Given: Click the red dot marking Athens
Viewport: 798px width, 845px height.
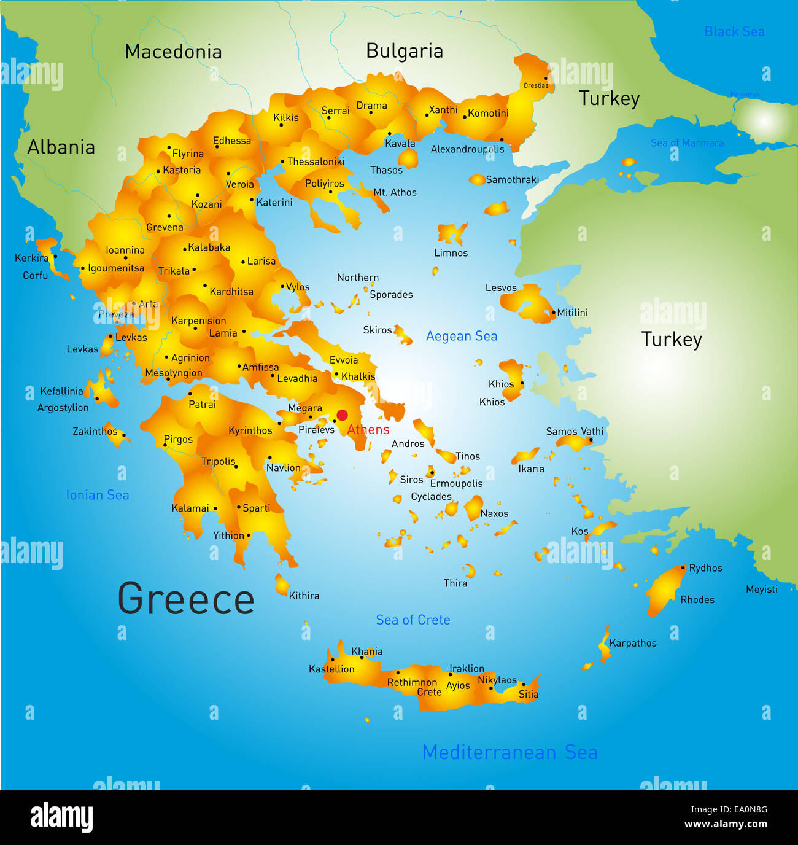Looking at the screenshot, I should click(342, 415).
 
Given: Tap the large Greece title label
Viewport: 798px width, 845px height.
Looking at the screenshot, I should click(186, 599).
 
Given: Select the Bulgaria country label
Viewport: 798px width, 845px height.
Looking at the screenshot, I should click(405, 51).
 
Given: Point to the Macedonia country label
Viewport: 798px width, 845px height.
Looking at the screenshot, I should click(173, 52).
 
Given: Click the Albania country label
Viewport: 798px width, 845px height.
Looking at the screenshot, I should click(61, 147).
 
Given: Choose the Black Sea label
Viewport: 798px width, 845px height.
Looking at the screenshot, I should click(734, 32).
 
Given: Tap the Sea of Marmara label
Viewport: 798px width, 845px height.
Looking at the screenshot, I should click(687, 143).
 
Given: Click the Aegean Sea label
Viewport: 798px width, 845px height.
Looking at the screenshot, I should click(462, 336).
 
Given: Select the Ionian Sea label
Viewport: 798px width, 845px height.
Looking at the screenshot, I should click(98, 495).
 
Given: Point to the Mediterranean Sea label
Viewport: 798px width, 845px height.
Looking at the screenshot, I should click(509, 752).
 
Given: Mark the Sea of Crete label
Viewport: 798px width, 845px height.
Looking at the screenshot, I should click(413, 620).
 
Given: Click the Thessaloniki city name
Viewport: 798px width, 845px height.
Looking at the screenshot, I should click(316, 162).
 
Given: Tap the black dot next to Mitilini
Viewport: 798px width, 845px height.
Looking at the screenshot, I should click(553, 313).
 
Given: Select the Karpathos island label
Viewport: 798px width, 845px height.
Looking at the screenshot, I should click(633, 643).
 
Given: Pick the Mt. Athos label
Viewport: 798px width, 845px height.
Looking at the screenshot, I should click(395, 192).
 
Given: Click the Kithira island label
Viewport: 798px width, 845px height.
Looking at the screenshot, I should click(304, 596).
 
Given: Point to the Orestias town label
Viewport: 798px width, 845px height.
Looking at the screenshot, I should click(535, 85).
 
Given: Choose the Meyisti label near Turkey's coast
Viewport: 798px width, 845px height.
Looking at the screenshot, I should click(761, 590).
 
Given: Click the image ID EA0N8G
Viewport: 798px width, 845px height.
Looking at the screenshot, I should click(748, 809).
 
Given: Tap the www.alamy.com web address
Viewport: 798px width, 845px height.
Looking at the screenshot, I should click(726, 824).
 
